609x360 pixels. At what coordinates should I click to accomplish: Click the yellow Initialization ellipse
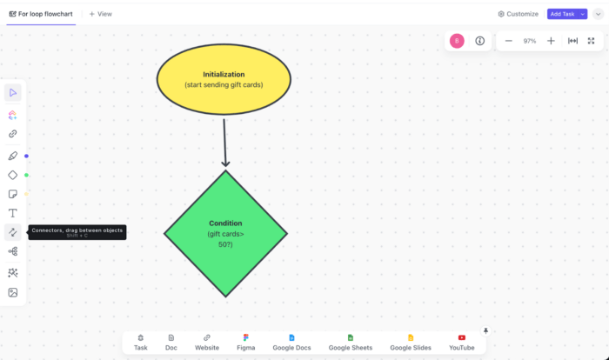(224, 79)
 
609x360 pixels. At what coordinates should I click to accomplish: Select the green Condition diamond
(225, 233)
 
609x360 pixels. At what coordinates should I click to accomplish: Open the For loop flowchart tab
(41, 14)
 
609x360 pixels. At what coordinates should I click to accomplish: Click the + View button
(100, 14)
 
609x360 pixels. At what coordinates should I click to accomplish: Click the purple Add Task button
(567, 14)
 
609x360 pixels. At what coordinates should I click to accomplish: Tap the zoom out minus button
(509, 41)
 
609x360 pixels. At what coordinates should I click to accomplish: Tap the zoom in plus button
(551, 41)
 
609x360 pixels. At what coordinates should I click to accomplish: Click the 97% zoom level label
(530, 41)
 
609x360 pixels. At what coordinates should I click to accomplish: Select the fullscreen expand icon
(592, 41)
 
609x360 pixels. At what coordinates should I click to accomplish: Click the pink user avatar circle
(458, 41)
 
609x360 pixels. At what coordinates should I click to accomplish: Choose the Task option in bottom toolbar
(141, 342)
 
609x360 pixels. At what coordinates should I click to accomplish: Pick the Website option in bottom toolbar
(207, 342)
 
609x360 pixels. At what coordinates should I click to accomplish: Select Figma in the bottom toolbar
(247, 342)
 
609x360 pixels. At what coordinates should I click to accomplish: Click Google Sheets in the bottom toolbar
(351, 342)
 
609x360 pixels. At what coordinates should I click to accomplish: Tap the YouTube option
(461, 342)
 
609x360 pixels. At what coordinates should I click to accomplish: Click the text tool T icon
(13, 213)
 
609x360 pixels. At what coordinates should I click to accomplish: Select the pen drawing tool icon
(13, 156)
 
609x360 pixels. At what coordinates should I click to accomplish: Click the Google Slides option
(411, 342)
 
